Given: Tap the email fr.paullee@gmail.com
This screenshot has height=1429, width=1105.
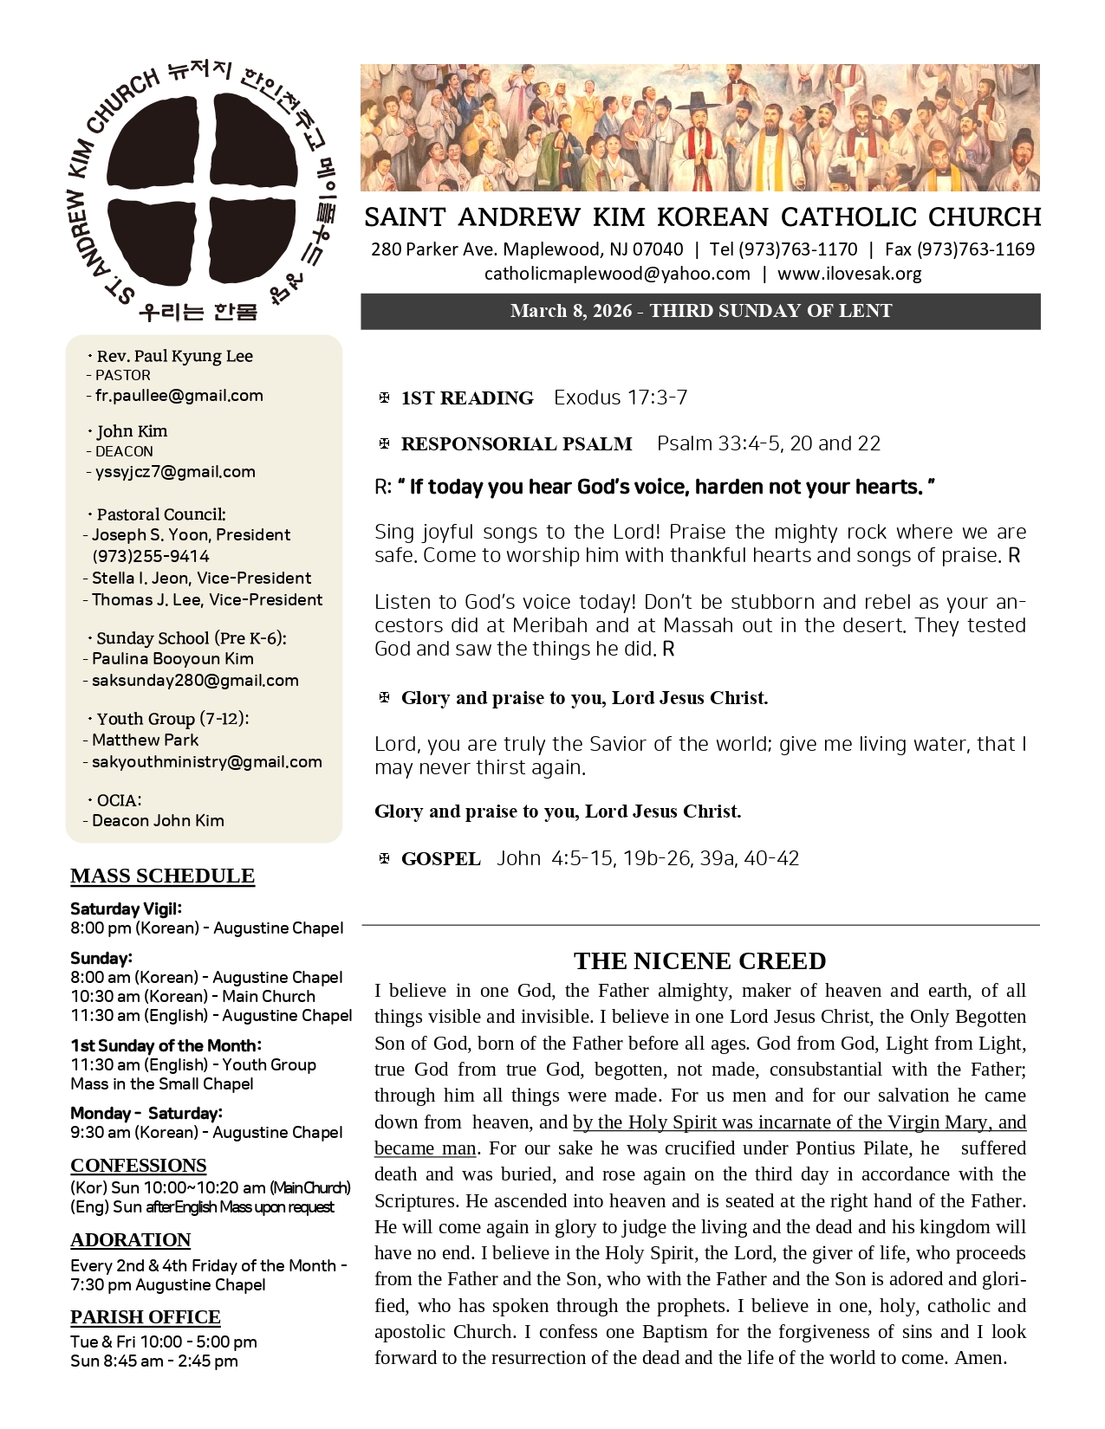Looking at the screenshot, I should (x=179, y=396).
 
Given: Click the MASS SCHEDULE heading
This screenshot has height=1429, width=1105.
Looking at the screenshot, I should (x=162, y=876).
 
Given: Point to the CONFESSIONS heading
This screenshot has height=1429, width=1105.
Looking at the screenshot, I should (x=138, y=1165).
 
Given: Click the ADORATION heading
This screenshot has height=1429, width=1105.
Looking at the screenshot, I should (x=130, y=1239).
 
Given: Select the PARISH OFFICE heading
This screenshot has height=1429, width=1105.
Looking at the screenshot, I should (x=145, y=1316).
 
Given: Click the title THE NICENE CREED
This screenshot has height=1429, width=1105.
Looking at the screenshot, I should (x=699, y=960).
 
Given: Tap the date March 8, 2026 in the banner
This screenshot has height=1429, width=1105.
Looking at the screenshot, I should (x=570, y=311).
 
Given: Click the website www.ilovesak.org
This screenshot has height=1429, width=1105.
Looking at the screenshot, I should (x=849, y=274).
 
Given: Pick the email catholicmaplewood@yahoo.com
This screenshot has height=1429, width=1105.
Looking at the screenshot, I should (x=617, y=274).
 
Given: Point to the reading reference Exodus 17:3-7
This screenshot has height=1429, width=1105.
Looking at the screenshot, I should (x=621, y=398).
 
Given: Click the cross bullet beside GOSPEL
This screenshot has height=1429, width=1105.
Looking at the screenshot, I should (x=384, y=858).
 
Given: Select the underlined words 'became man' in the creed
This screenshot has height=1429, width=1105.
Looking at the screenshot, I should (x=425, y=1148).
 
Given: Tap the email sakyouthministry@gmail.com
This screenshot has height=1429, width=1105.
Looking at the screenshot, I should (x=206, y=762).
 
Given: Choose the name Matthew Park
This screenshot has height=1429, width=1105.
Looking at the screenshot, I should (x=145, y=740).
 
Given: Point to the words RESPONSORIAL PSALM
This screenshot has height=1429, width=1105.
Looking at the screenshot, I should (x=516, y=444).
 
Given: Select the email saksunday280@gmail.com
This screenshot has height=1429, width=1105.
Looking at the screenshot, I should (x=195, y=681).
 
